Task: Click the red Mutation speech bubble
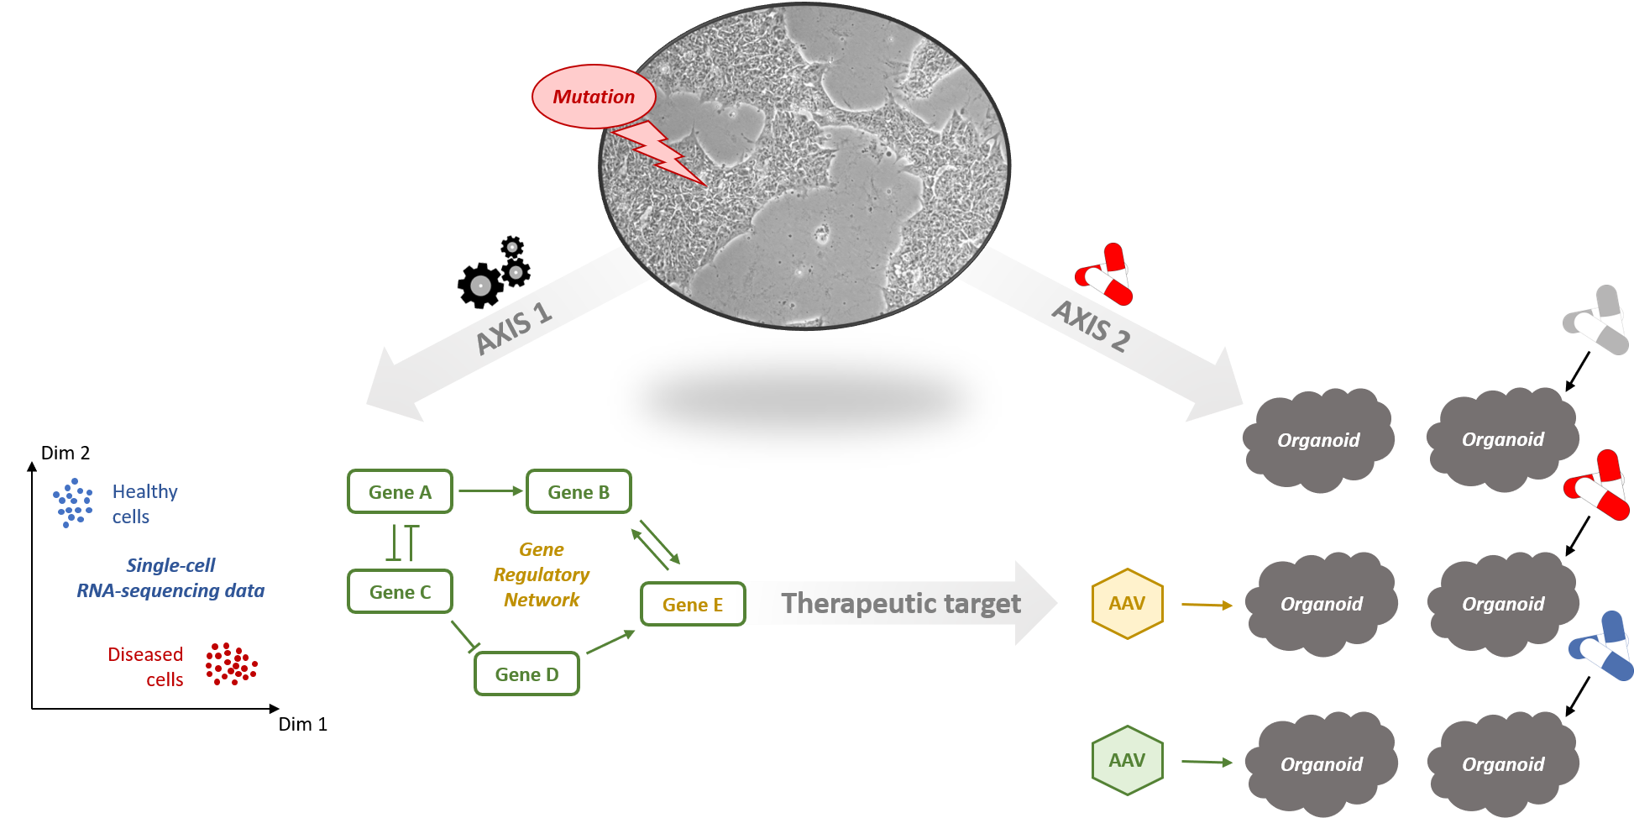coord(593,97)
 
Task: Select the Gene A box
coord(400,492)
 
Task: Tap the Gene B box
coord(579,492)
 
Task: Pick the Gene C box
coord(400,592)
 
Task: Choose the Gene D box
coord(526,674)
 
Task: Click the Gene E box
coord(692,605)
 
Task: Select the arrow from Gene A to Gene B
coord(490,491)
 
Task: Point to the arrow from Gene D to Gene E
coord(610,642)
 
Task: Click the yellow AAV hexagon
coord(1127,604)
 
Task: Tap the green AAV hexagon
coord(1127,761)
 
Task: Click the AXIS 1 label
coord(513,328)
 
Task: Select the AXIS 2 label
coord(1092,326)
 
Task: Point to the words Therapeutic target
coord(901,604)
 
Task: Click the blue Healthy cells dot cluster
coord(73,502)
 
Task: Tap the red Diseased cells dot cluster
coord(231,664)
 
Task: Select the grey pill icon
coord(1597,321)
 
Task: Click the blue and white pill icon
coord(1602,647)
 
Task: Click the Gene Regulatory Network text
coord(542,575)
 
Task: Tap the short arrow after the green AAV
coord(1207,763)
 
